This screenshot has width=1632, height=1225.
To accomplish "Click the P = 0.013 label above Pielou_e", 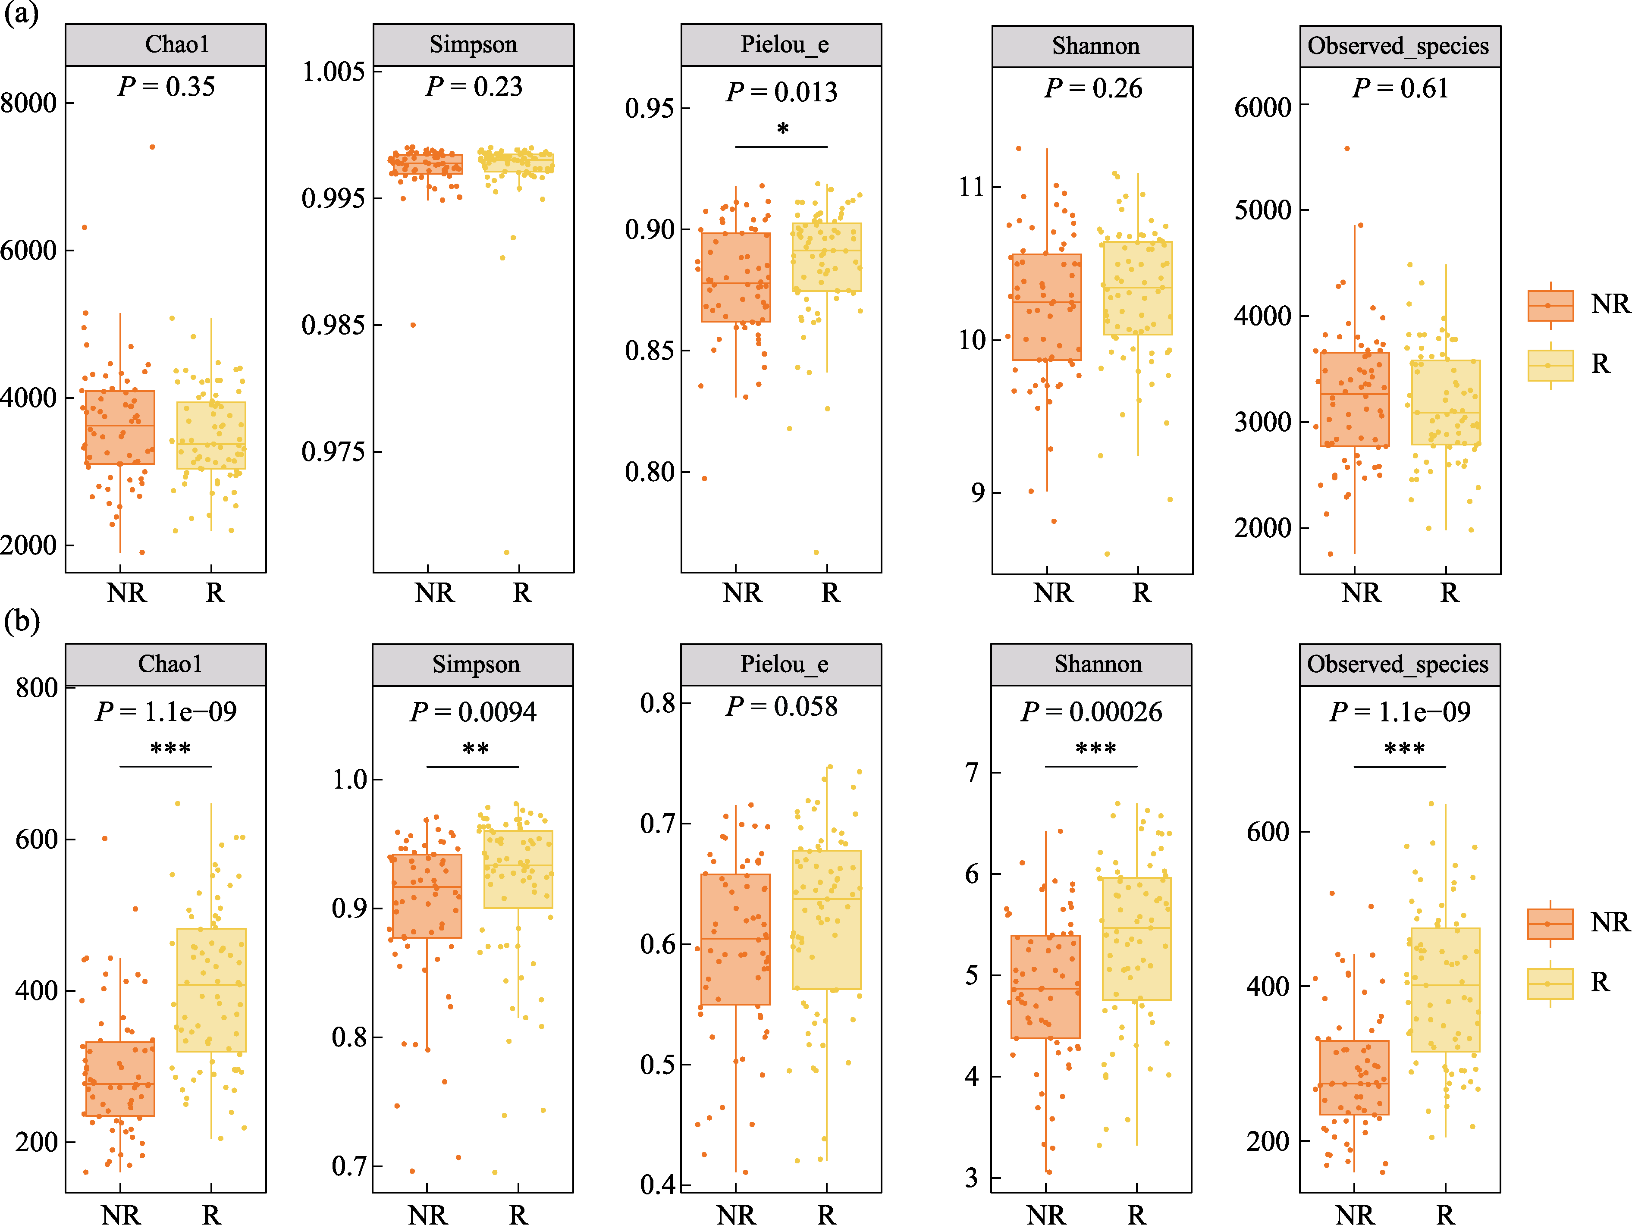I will (781, 92).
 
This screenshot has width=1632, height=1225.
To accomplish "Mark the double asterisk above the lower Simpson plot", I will (475, 749).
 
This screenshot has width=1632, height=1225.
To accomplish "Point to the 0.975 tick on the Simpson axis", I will (333, 452).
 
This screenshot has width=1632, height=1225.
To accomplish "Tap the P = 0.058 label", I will (781, 707).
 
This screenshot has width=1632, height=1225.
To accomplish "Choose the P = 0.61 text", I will (1400, 88).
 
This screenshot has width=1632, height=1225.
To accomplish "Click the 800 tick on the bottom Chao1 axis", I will (37, 688).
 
